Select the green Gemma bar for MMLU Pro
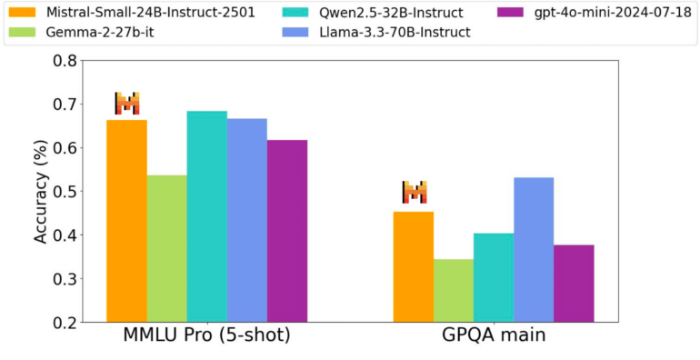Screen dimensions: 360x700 point(166,248)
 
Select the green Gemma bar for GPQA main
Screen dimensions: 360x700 point(453,290)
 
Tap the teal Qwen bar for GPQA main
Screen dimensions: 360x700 point(493,277)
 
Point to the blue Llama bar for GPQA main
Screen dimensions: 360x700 point(533,249)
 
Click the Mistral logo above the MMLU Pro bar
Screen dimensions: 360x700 point(127,104)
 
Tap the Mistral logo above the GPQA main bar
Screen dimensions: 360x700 point(415,193)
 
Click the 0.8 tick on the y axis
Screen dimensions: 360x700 point(63,61)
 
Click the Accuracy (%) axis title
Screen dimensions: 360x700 point(40,190)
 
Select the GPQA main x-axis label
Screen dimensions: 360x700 point(493,336)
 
